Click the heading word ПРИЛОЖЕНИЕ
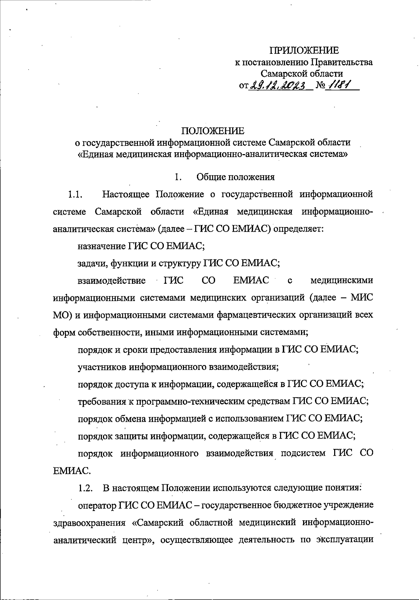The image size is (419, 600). click(306, 51)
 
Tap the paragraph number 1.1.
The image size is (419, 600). click(75, 194)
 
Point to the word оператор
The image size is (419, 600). click(98, 505)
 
